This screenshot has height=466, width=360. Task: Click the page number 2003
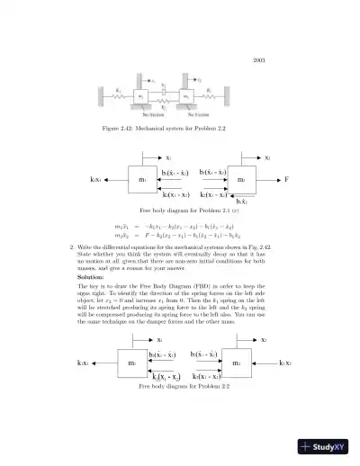point(258,59)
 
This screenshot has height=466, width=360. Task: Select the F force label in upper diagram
point(286,180)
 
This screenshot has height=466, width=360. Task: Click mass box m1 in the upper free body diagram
point(142,180)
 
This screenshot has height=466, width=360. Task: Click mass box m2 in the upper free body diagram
point(240,180)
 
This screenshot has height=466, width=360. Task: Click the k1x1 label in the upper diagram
point(95,180)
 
